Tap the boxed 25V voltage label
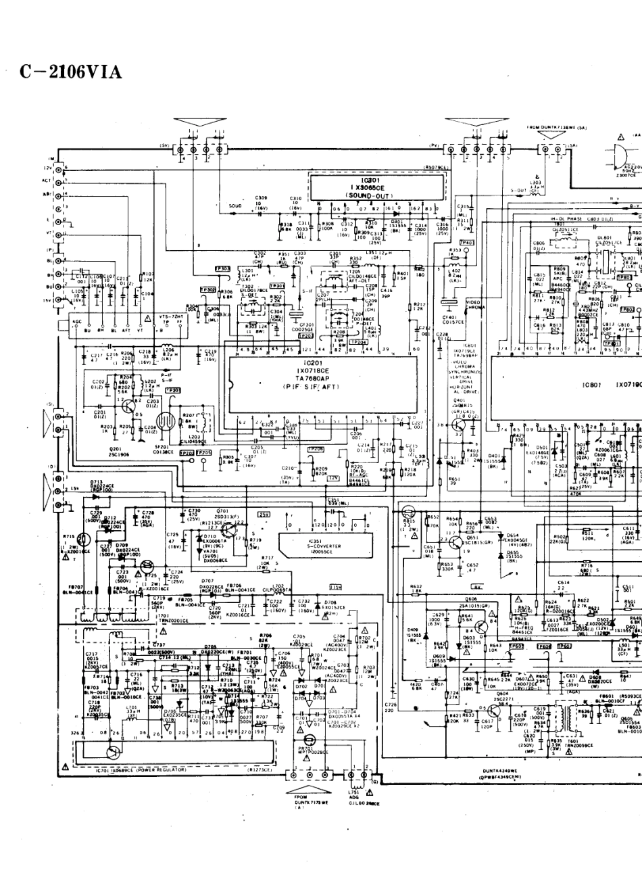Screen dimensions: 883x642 click(264, 515)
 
